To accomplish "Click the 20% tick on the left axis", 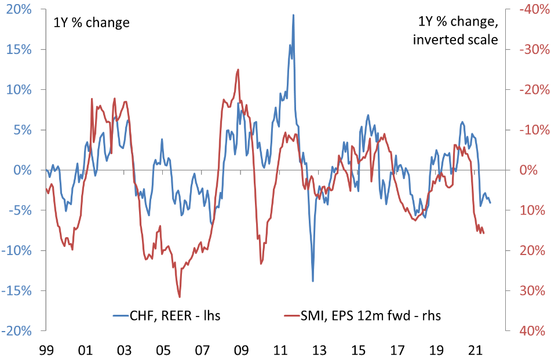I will pyautogui.click(x=20, y=9).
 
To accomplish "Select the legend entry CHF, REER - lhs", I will pyautogui.click(x=167, y=315).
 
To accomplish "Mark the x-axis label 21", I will pyautogui.click(x=475, y=350).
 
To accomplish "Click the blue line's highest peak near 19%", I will pyautogui.click(x=293, y=15).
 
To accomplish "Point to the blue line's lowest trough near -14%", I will pyautogui.click(x=313, y=281).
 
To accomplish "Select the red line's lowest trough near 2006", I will pyautogui.click(x=180, y=297).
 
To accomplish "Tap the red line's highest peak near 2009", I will pyautogui.click(x=238, y=70).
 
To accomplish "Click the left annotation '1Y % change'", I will pyautogui.click(x=91, y=23).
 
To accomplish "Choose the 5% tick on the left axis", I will pyautogui.click(x=22, y=130).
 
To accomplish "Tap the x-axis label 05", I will pyautogui.click(x=163, y=350).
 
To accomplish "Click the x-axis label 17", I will pyautogui.click(x=397, y=350).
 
